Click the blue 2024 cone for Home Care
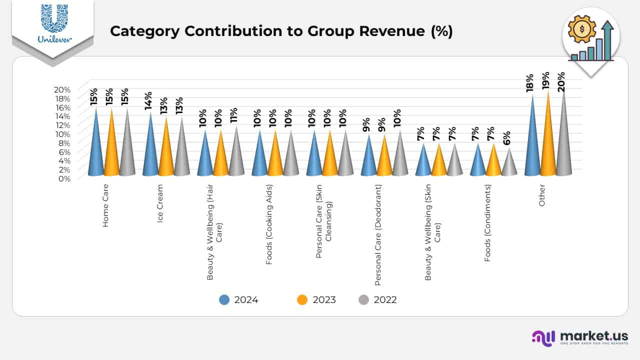[x=96, y=150]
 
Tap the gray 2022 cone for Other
[x=563, y=145]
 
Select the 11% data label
[x=233, y=115]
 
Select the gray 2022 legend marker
[x=364, y=300]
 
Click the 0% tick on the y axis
[x=64, y=178]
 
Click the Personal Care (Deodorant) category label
[x=378, y=234]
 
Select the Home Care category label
[x=105, y=205]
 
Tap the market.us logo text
[x=594, y=336]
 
